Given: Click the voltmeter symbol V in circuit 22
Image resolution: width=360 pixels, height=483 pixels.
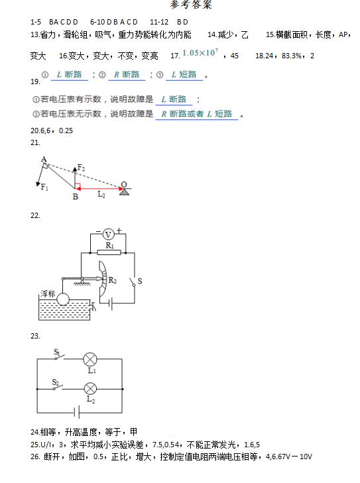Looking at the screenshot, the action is (x=108, y=235).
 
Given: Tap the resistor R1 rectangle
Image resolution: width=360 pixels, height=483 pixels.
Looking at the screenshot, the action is (x=109, y=252).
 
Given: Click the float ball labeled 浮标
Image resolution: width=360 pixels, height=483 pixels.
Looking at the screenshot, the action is (x=63, y=299).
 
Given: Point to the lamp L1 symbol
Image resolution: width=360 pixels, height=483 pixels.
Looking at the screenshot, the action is (x=90, y=359).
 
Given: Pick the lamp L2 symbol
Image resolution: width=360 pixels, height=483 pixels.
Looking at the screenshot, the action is (x=90, y=389).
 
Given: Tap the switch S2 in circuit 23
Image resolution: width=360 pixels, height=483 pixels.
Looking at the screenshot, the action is (x=58, y=387).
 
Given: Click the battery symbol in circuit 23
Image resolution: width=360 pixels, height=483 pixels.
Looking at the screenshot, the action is (x=77, y=412).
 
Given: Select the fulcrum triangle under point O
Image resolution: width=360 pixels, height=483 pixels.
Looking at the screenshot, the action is (x=124, y=192).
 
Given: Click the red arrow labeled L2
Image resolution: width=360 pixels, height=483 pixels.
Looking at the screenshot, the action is (x=99, y=189).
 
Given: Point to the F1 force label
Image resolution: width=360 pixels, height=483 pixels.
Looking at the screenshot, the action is (x=44, y=187).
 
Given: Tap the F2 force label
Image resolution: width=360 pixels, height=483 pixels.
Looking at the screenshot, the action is (x=81, y=168).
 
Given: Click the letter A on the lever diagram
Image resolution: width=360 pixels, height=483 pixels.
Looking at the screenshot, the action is (x=44, y=159).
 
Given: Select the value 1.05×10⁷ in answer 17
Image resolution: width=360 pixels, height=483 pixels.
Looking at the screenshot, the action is (x=200, y=52).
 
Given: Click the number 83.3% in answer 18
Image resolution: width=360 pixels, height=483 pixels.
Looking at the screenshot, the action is (x=291, y=56).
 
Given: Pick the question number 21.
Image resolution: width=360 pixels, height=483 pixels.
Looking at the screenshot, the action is (x=35, y=142).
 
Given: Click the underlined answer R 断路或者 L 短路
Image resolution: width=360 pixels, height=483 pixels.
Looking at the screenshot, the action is (x=197, y=114).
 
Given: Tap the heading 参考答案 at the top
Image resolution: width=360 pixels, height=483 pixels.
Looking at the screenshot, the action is (x=191, y=5).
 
